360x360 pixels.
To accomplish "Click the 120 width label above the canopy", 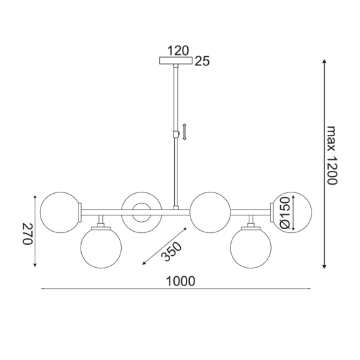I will [177, 50].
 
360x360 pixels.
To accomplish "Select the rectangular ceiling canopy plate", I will [177, 61].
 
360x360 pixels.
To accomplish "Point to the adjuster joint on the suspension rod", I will [175, 134].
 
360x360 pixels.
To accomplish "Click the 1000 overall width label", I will [181, 281].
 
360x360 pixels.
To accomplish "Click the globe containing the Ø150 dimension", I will [292, 211].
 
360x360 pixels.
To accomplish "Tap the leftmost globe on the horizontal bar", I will [60, 211].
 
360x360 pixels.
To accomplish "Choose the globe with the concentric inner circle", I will [140, 211].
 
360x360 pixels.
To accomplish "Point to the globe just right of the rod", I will [209, 211].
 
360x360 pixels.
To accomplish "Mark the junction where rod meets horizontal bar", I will [175, 209].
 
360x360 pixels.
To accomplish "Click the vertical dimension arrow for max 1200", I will [324, 164].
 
